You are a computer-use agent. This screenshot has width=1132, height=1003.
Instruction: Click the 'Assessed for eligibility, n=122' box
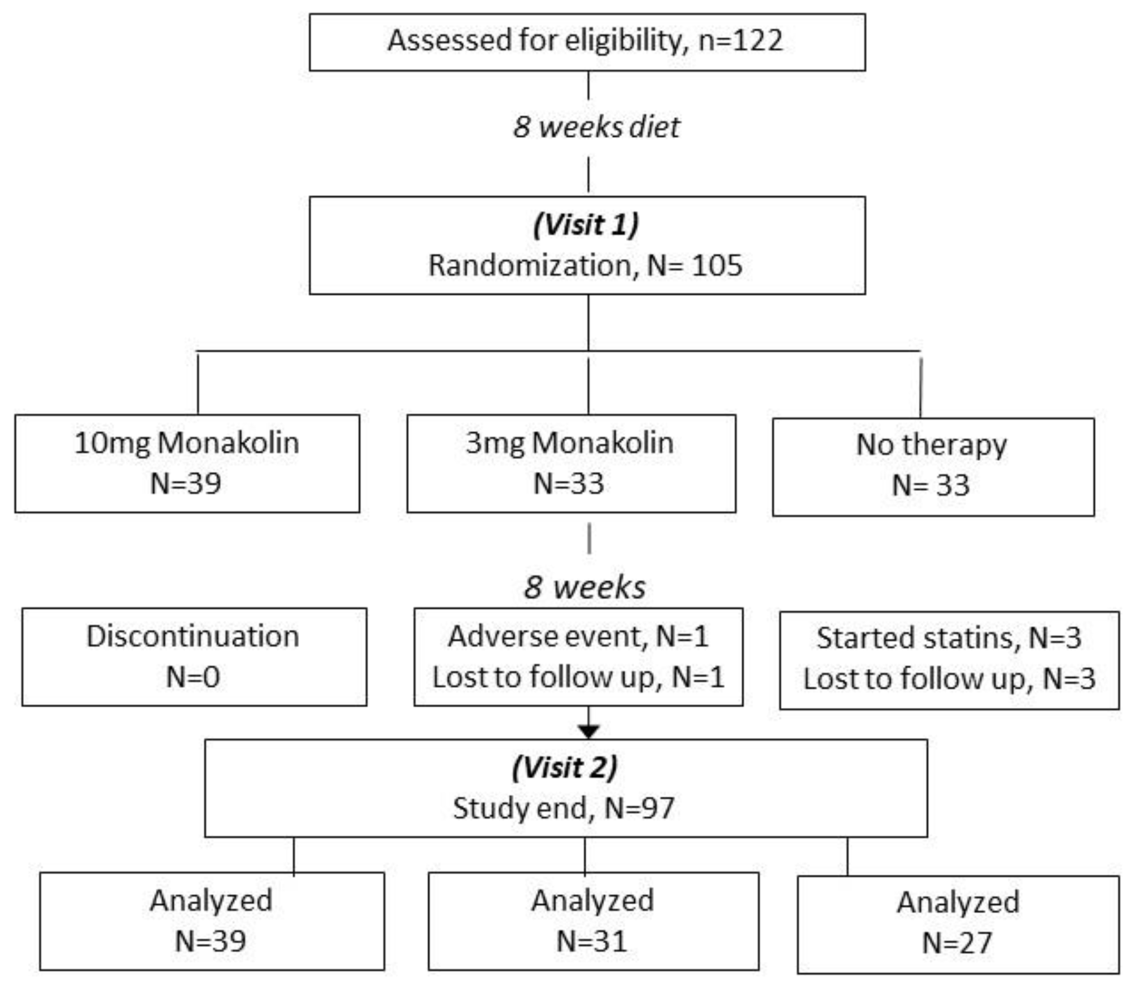coord(587,42)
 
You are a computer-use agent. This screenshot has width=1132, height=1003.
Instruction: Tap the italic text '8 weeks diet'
coord(596,127)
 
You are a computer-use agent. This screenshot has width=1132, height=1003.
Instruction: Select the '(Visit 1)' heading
coord(586,225)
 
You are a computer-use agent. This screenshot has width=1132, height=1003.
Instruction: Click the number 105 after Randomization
coord(716,265)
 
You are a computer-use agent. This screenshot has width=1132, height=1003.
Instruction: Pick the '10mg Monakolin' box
coord(187,462)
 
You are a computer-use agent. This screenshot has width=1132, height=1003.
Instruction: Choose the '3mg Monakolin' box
coord(571,462)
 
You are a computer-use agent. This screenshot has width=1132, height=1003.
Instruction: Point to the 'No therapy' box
coord(932,466)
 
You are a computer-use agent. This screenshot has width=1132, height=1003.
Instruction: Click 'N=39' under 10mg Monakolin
coord(185,483)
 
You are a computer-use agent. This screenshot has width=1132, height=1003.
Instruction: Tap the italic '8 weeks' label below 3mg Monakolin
coord(584,587)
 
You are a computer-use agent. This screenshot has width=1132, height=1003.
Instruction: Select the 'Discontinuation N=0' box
coord(194,657)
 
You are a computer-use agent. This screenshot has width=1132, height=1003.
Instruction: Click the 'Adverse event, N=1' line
coord(578,636)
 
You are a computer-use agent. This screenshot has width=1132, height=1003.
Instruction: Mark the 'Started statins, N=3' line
coord(948,638)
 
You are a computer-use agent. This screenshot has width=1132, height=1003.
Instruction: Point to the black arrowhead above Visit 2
coord(589,730)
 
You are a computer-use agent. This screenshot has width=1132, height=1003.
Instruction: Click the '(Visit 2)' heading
coord(565,768)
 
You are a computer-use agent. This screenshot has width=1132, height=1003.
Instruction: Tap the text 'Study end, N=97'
coord(563,808)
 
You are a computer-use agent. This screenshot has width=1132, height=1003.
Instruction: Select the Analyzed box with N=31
coord(593,920)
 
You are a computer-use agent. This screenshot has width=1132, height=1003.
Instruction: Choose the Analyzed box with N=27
coord(957,924)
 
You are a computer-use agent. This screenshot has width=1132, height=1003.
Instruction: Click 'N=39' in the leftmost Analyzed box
coord(210,941)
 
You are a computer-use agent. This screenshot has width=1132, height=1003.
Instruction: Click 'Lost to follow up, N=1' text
coord(578,677)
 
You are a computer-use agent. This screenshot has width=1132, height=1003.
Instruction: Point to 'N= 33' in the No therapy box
coord(931,485)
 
